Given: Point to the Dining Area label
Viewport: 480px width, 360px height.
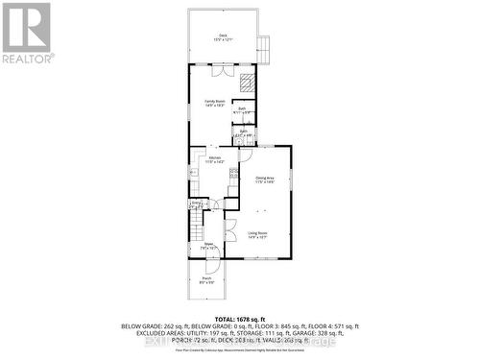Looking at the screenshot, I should (265, 179).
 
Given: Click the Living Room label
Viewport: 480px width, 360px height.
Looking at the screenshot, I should (257, 233).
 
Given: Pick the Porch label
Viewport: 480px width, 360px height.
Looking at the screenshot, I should (205, 279).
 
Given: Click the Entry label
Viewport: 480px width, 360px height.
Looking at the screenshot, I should (196, 204).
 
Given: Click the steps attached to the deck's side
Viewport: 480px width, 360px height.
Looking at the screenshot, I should (266, 45).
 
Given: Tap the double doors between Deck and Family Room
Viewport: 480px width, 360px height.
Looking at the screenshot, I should (220, 72).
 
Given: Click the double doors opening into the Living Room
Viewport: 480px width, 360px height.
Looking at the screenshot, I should (230, 231).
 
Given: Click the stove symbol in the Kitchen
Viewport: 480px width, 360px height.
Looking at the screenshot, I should (231, 175).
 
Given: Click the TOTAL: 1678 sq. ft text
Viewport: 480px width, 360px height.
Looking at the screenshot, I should (238, 318).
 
